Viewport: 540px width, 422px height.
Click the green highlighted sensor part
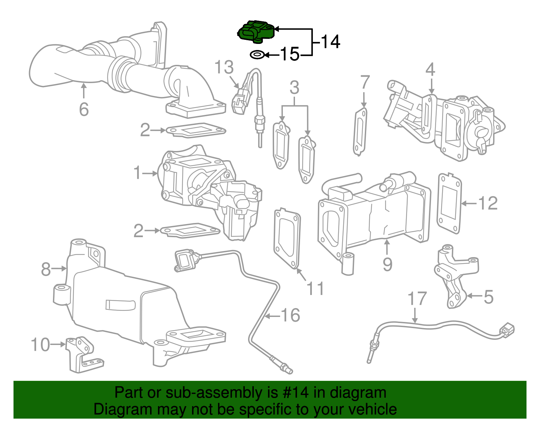click(x=255, y=31)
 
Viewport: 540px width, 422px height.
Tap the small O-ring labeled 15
click(x=257, y=54)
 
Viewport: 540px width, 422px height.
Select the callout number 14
click(x=330, y=42)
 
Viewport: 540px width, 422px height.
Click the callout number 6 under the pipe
click(x=84, y=109)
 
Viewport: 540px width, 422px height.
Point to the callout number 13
click(x=224, y=67)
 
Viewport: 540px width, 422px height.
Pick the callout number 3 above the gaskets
click(x=294, y=88)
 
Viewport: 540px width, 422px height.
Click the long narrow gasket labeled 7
click(x=360, y=132)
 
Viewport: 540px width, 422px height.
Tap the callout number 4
click(x=430, y=70)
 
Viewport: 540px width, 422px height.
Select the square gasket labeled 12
click(x=449, y=204)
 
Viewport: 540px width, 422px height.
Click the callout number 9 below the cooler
click(x=387, y=264)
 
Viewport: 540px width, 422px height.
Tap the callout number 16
click(x=290, y=315)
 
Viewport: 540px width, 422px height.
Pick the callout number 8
click(x=46, y=269)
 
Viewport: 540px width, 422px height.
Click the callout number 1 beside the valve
click(x=137, y=173)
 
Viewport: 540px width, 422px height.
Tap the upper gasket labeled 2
click(x=196, y=130)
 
